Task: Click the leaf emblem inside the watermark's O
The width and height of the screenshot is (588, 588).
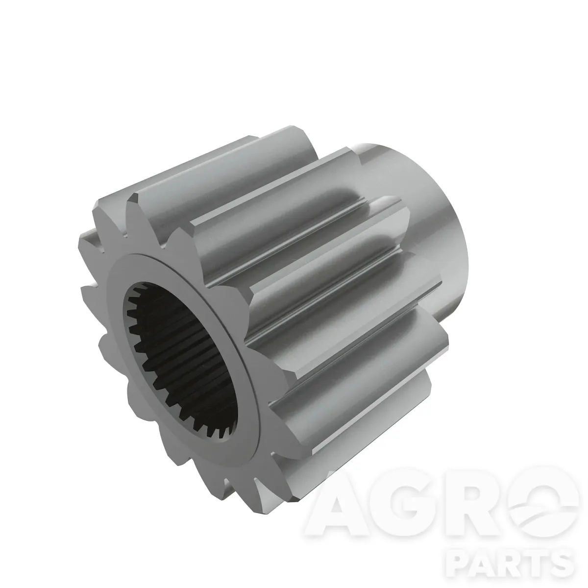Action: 542,504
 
